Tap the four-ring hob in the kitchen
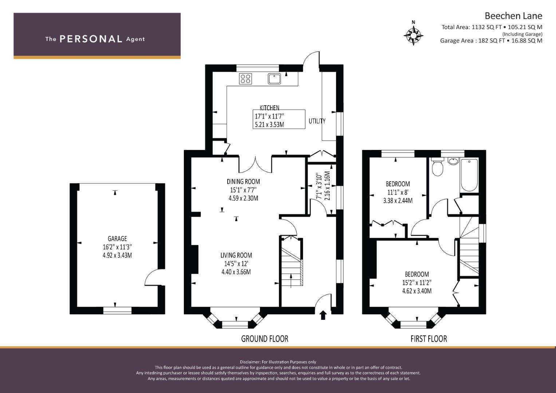coord(245,79)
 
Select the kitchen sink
coord(274,79)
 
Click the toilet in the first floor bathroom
coord(437,167)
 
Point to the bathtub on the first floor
coord(469,175)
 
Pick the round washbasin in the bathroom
coord(454,162)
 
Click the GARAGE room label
coord(117,239)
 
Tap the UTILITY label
coord(317,121)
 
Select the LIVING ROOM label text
coord(236,255)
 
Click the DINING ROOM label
coord(243,182)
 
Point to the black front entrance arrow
coord(323,315)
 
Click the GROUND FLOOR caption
coord(265,339)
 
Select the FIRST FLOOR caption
coord(429,339)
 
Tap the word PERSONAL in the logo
coord(91,39)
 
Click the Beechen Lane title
coord(513,16)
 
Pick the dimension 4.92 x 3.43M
coord(117,255)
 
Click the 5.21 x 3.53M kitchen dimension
coord(269,124)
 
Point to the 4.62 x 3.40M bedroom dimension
coord(417,291)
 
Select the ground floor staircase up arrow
coord(291,281)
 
